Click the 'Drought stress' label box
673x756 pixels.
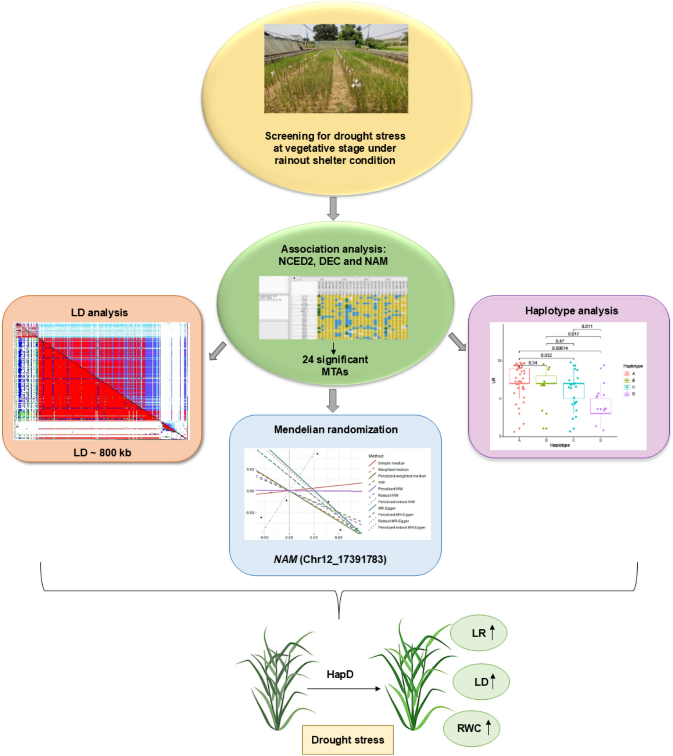point(347,739)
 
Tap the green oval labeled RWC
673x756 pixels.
point(472,728)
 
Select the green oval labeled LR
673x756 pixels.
point(478,633)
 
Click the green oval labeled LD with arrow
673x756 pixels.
point(481,681)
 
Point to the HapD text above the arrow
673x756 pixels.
point(340,674)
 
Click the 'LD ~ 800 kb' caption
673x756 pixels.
point(102,452)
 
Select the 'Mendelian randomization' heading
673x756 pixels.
point(336,429)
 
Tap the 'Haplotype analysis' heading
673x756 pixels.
point(571,311)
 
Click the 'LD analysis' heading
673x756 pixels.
point(99,313)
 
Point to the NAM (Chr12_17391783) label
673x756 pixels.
point(330,559)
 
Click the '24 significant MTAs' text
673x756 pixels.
point(335,365)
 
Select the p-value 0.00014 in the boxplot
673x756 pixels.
point(560,348)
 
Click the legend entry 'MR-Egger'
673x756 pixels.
point(387,508)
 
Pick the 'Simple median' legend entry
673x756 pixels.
point(391,463)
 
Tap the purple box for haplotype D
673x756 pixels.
point(601,406)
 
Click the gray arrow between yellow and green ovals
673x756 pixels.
point(333,208)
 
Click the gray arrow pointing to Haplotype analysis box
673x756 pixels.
point(457,342)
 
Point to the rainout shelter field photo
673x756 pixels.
point(336,68)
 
